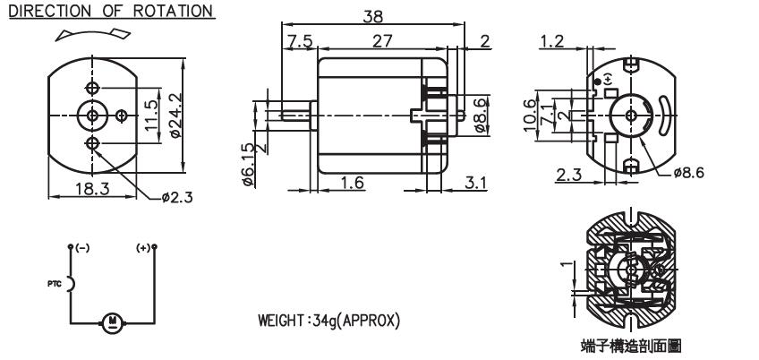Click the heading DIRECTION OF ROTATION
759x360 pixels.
111,11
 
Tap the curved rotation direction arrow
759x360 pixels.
93,34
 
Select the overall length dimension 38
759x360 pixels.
372,16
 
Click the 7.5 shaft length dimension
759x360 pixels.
299,41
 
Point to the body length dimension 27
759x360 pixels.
382,41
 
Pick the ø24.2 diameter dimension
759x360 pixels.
175,115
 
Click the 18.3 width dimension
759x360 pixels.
92,188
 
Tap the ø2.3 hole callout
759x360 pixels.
177,197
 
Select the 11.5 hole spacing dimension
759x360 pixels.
151,116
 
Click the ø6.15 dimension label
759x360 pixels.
247,165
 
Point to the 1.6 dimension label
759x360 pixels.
352,183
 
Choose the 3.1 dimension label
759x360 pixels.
476,183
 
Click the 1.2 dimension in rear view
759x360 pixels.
552,41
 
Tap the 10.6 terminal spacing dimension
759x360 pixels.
531,116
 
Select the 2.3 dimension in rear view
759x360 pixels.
568,175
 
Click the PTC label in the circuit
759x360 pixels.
55,284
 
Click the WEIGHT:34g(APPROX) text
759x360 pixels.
329,321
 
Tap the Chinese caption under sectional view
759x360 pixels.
631,346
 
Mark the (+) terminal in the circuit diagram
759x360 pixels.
143,248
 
